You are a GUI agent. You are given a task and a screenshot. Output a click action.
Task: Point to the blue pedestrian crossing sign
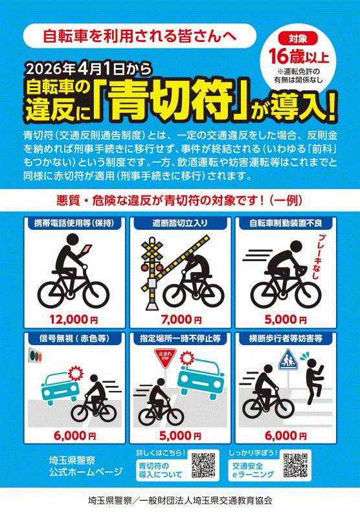point(287,360)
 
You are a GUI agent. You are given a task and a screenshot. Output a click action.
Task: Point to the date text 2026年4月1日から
point(78,68)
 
